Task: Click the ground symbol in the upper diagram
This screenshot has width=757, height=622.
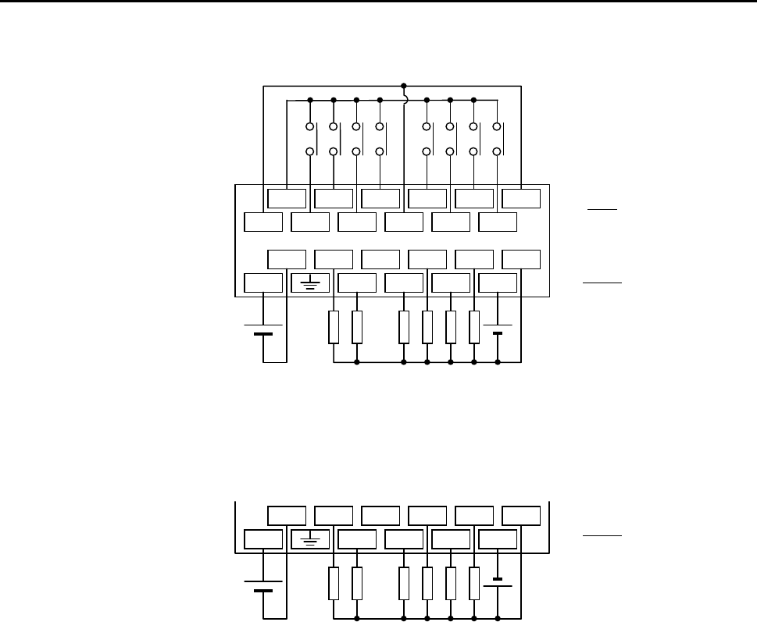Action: click(310, 284)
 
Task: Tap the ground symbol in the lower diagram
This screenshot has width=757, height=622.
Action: click(310, 539)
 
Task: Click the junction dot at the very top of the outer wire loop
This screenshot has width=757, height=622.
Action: click(403, 85)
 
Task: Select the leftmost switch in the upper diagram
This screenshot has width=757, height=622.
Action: click(310, 139)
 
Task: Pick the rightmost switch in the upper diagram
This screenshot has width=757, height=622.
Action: click(497, 139)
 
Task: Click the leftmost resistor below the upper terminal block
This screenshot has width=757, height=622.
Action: click(334, 328)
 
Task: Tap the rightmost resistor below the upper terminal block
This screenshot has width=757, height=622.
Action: click(474, 328)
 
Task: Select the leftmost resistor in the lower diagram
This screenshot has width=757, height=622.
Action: click(334, 582)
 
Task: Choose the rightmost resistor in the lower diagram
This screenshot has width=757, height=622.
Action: click(474, 582)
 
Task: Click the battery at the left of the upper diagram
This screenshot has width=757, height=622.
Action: click(263, 329)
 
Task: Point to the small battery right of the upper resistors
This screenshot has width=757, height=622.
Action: click(497, 329)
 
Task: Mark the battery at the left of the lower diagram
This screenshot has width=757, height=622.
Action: click(263, 585)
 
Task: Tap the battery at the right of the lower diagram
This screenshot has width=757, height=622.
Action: click(497, 582)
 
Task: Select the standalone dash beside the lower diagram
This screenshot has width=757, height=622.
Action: click(602, 537)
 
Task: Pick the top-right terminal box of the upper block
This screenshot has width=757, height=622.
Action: click(520, 198)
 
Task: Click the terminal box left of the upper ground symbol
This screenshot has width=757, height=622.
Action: click(263, 284)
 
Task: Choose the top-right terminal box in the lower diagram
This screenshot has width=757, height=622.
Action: click(520, 515)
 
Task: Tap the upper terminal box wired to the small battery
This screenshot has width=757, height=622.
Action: click(497, 284)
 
